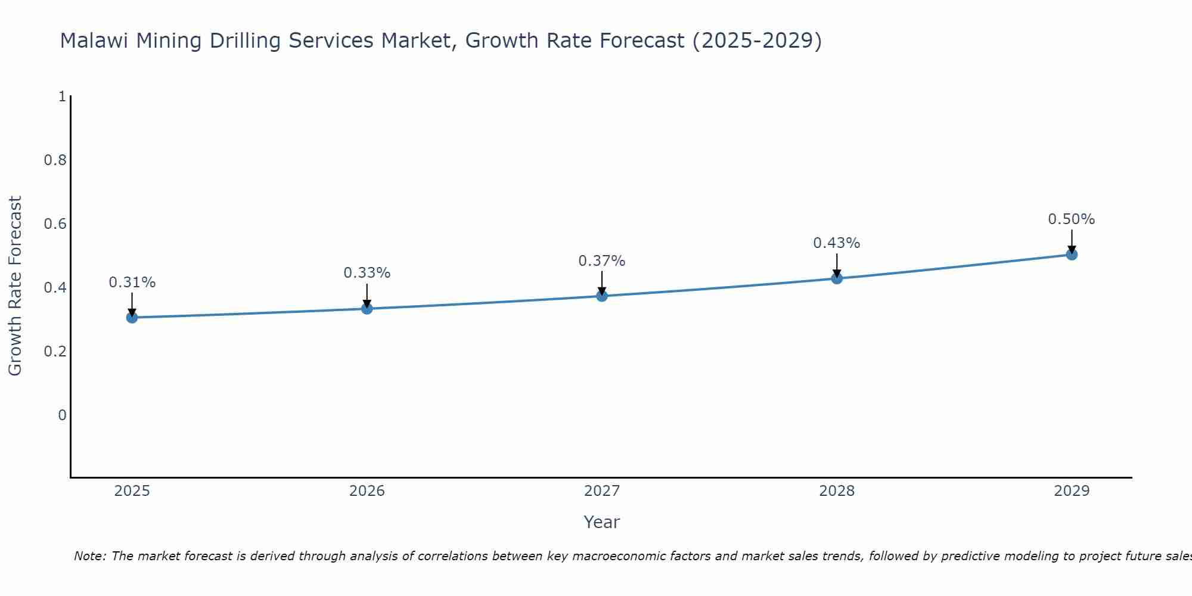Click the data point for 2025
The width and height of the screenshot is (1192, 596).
[132, 317]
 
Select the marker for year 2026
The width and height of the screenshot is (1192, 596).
[367, 308]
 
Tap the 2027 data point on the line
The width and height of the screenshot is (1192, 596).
[602, 296]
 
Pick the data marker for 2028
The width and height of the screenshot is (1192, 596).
[837, 278]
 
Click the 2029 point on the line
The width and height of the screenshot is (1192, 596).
[1072, 254]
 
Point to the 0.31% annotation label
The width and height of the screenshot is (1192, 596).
[132, 283]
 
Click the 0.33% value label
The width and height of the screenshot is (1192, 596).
[367, 273]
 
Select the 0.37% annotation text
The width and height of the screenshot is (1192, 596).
[602, 261]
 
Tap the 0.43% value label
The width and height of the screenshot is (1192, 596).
[837, 243]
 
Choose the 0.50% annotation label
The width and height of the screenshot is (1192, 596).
[1072, 219]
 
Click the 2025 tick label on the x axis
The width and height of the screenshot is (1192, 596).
[132, 491]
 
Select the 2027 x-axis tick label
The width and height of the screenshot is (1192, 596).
[602, 491]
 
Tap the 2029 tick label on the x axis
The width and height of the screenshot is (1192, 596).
[1072, 491]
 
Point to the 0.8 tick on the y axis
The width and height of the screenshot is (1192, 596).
[55, 160]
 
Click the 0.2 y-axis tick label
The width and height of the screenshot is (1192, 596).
[55, 352]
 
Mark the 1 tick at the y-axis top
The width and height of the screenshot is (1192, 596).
[62, 97]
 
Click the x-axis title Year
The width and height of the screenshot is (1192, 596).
[602, 522]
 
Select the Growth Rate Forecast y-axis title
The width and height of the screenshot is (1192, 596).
[15, 286]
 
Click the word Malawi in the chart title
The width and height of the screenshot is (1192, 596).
[95, 41]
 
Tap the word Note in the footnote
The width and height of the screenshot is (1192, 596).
[89, 556]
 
